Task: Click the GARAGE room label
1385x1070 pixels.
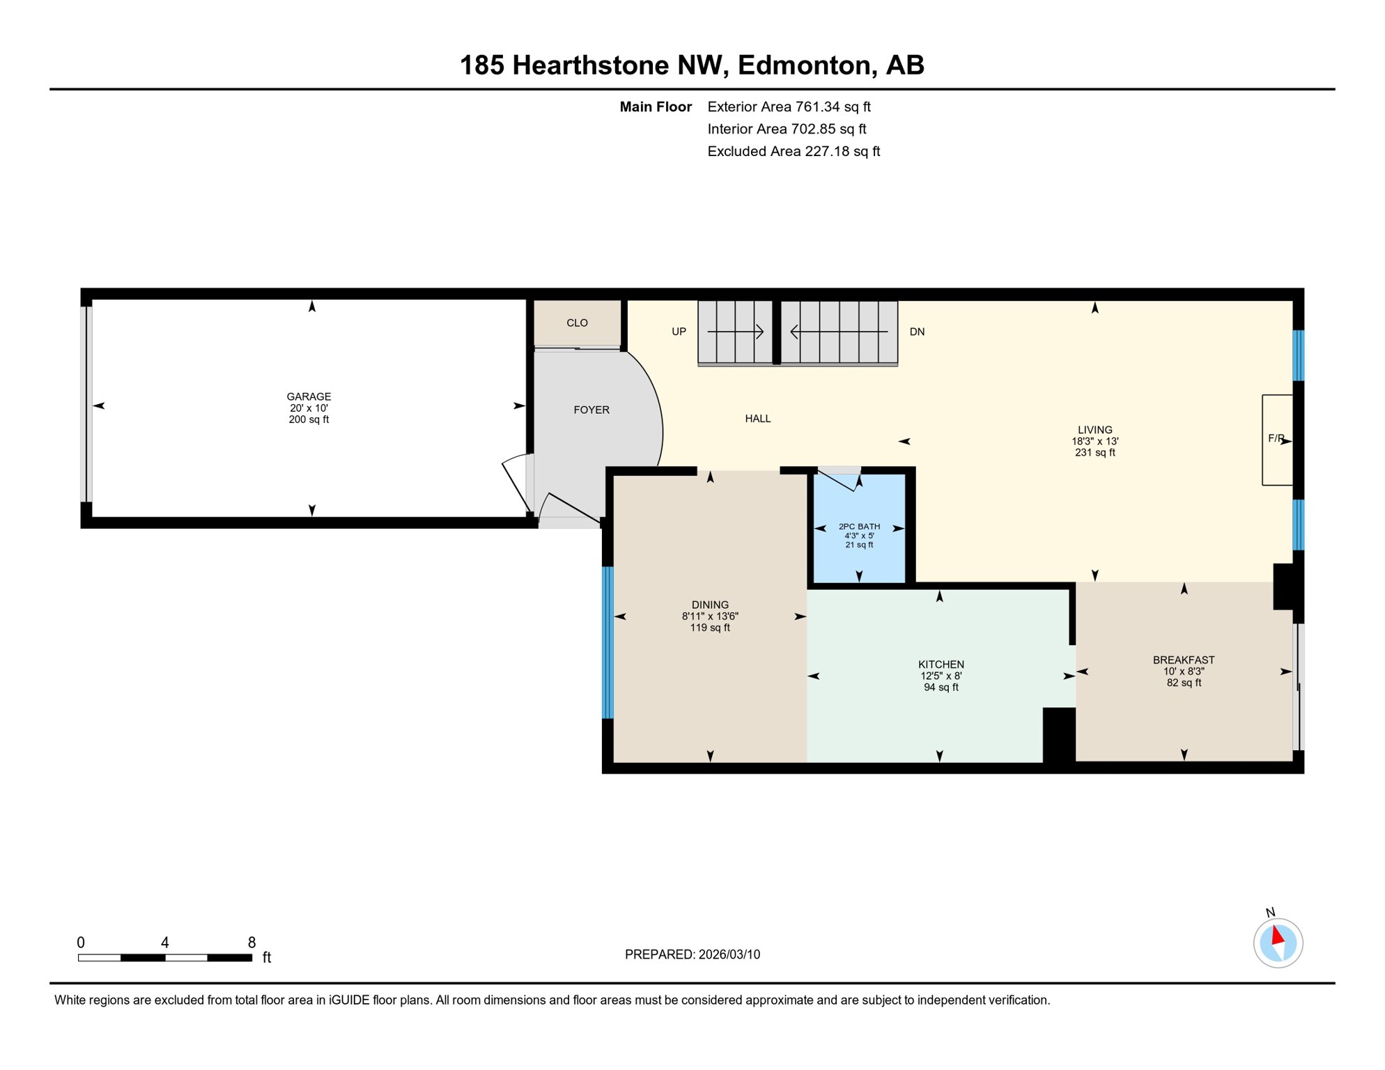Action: pyautogui.click(x=309, y=396)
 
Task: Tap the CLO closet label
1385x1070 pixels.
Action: pyautogui.click(x=577, y=323)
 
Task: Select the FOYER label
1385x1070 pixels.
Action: pyautogui.click(x=591, y=410)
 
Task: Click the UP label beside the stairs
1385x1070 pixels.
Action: pyautogui.click(x=679, y=332)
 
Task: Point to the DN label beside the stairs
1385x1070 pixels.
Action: pyautogui.click(x=917, y=332)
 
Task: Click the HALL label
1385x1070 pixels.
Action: pyautogui.click(x=758, y=419)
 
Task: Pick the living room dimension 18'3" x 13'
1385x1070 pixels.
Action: pyautogui.click(x=1094, y=441)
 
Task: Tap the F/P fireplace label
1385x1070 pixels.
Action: pyautogui.click(x=1276, y=438)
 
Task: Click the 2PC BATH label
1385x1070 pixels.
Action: pyautogui.click(x=859, y=527)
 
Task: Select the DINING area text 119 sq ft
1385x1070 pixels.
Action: pyautogui.click(x=710, y=628)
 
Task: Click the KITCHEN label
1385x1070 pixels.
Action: pyautogui.click(x=941, y=665)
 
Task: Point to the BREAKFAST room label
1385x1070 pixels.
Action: pyautogui.click(x=1184, y=660)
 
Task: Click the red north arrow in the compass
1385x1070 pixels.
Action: pyautogui.click(x=1277, y=935)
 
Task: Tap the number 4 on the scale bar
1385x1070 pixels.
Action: pyautogui.click(x=164, y=943)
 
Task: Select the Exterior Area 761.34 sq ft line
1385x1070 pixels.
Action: pyautogui.click(x=789, y=107)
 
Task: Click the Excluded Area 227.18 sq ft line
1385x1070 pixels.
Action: pyautogui.click(x=794, y=151)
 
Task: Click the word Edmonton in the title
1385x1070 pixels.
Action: pyautogui.click(x=804, y=65)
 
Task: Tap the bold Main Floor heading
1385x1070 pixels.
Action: pyautogui.click(x=656, y=107)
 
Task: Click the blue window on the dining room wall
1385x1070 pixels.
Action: pyautogui.click(x=608, y=642)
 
